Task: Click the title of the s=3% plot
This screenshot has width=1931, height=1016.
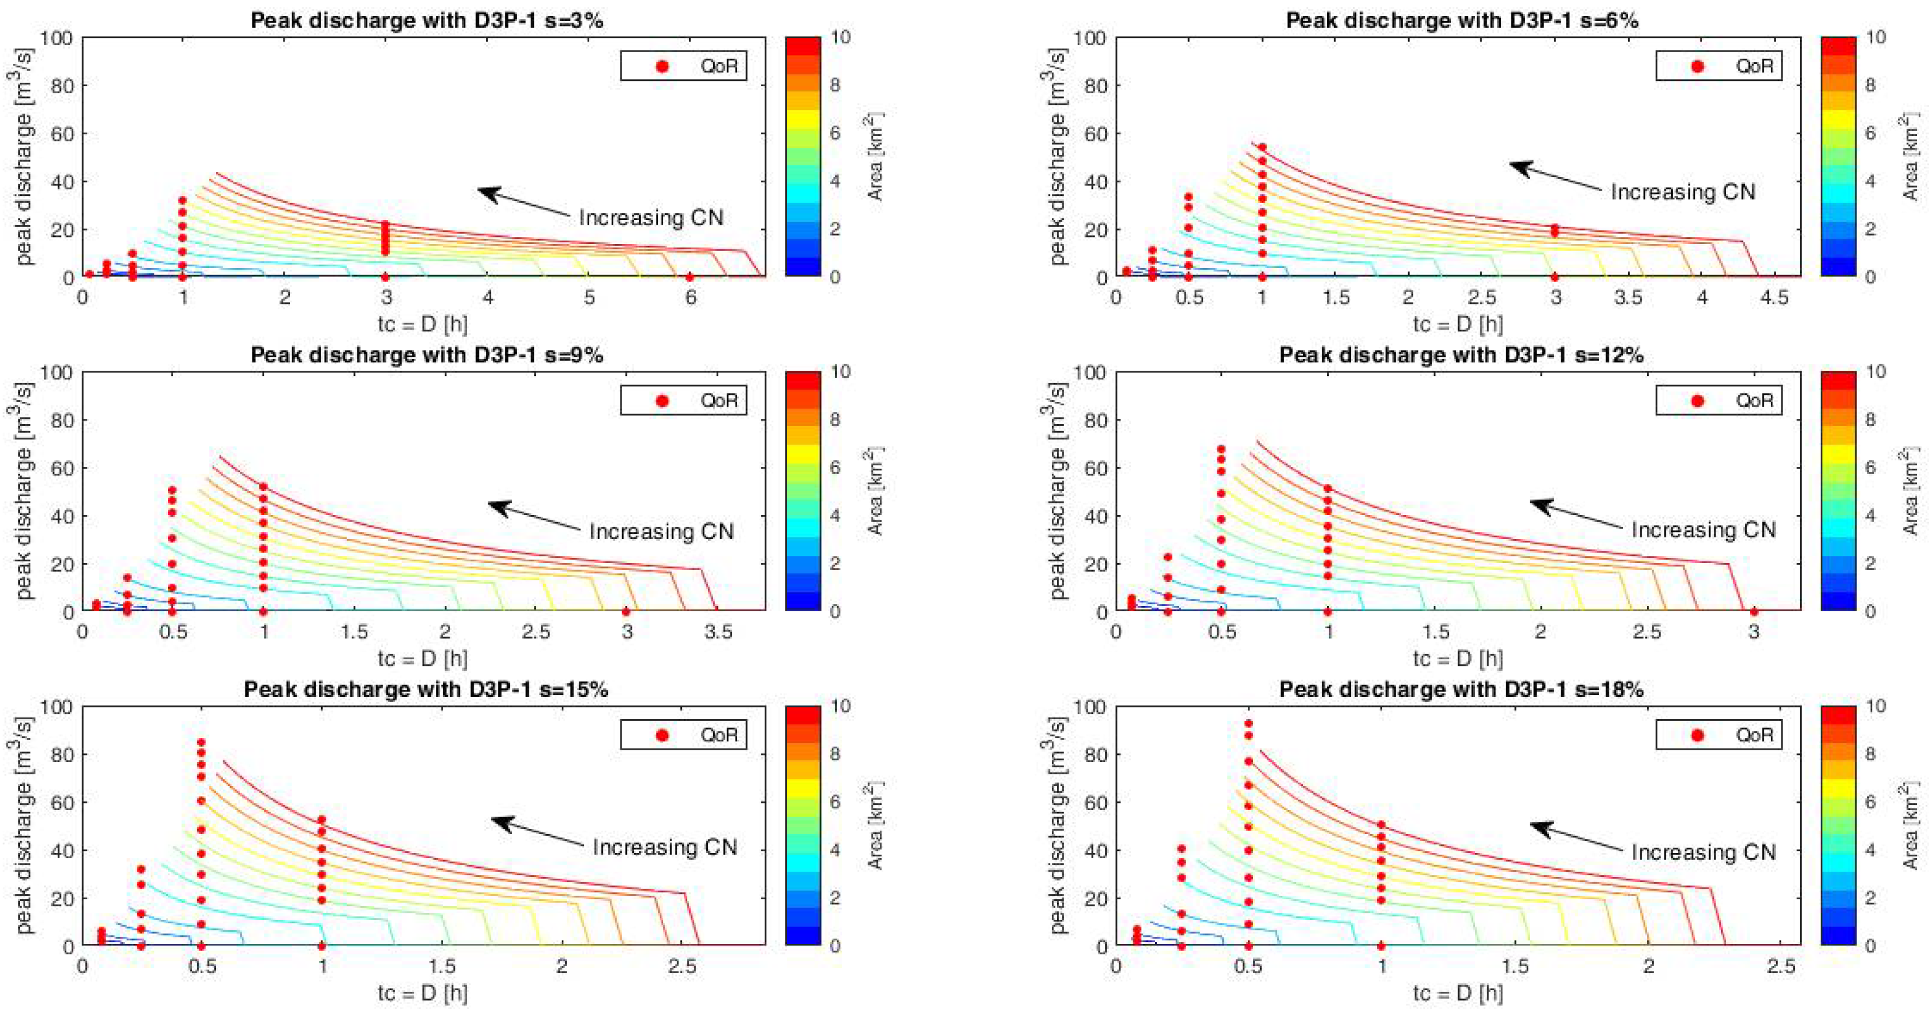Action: tap(427, 20)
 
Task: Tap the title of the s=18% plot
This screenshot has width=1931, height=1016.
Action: tap(1461, 689)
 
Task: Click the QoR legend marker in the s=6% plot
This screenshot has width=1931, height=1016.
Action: tap(1698, 66)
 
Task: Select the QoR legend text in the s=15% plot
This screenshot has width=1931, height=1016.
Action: tap(719, 735)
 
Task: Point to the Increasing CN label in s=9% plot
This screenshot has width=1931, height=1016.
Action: tap(660, 532)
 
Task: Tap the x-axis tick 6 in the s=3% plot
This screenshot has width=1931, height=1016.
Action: tap(690, 297)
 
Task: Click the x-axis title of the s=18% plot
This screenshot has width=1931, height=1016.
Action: tap(1457, 994)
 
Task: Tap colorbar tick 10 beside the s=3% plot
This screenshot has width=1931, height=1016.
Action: tap(840, 37)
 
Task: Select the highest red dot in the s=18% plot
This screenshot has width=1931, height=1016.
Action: tap(1248, 724)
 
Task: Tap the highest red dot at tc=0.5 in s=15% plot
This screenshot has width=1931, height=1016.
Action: tap(201, 743)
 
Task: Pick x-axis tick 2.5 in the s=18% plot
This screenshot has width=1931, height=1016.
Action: tap(1781, 967)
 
